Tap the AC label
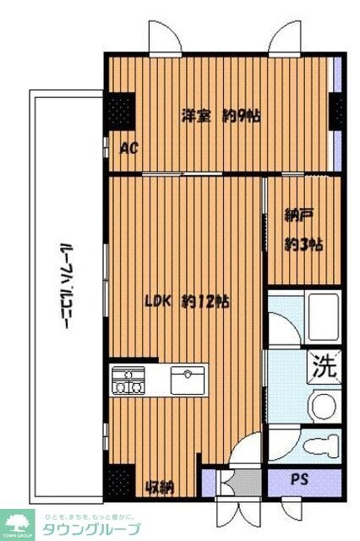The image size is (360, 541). tap(129, 149)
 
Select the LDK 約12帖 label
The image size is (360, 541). tap(187, 301)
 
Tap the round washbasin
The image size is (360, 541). tap(322, 404)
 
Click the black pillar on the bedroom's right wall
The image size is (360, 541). tap(336, 110)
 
